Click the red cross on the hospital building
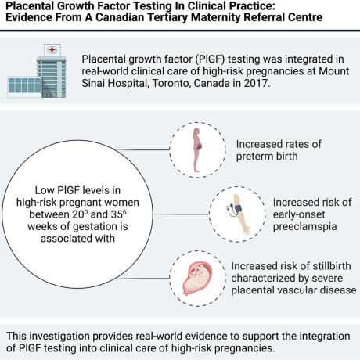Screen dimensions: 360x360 [x=52, y=49]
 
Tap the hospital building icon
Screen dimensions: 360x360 [x=37, y=71]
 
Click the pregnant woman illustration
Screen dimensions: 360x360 [x=197, y=150]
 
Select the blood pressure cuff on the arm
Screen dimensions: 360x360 [x=238, y=209]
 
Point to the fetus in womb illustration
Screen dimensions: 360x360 [x=197, y=279]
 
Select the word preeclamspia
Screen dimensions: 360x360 [x=304, y=226]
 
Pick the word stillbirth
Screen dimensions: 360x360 [x=330, y=266]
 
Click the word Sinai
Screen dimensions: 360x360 [x=93, y=83]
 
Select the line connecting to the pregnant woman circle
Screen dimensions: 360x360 [x=144, y=149]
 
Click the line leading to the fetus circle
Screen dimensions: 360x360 [x=144, y=278]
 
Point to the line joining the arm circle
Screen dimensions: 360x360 [x=182, y=214]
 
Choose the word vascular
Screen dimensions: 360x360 [x=301, y=290]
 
